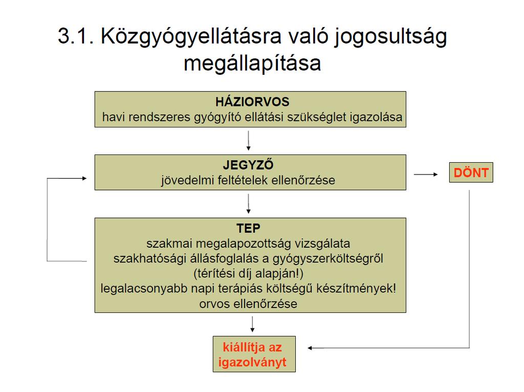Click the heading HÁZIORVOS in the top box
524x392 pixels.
(x=252, y=102)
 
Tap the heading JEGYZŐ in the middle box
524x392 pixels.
(x=248, y=164)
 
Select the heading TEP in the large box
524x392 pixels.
(x=248, y=228)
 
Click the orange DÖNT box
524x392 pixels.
(x=471, y=172)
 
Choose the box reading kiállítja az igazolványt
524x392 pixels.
(x=254, y=354)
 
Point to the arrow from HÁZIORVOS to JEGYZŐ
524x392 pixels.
(x=248, y=141)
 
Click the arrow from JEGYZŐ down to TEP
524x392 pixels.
(x=248, y=204)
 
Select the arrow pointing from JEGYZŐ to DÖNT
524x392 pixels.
(x=426, y=174)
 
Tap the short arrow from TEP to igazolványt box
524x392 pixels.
(x=252, y=324)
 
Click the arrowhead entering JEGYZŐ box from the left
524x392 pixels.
(x=84, y=179)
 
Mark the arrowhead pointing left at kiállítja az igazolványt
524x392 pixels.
(x=310, y=348)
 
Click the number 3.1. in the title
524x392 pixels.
(x=76, y=35)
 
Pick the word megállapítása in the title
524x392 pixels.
(x=252, y=63)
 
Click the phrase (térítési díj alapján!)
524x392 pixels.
(x=248, y=273)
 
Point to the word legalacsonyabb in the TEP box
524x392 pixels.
(x=144, y=289)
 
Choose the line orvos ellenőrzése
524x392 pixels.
(x=248, y=304)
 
